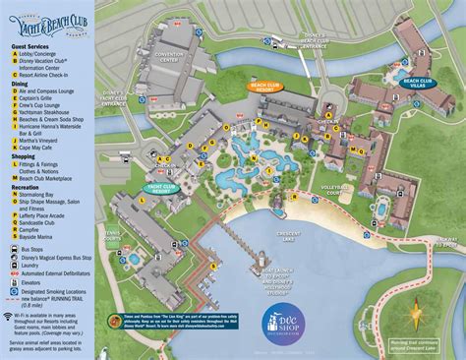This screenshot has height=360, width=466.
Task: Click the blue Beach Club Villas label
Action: [419, 83]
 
